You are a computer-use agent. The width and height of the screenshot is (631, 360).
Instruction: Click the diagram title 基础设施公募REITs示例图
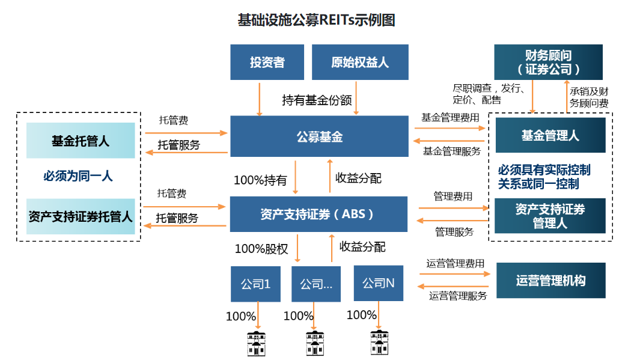(x=316, y=20)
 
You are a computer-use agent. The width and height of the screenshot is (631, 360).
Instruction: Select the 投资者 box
(x=267, y=62)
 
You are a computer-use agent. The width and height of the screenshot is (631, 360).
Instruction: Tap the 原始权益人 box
(x=360, y=62)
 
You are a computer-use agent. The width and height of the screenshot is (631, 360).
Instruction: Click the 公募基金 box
(x=319, y=137)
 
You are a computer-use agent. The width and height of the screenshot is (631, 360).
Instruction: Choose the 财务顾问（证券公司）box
(x=548, y=62)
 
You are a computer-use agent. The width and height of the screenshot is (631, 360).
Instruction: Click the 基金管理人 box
(x=550, y=135)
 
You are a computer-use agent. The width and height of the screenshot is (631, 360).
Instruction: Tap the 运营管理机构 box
(x=550, y=280)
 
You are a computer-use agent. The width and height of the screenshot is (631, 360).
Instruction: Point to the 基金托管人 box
(x=81, y=141)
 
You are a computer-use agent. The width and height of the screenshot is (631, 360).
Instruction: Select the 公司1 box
(x=255, y=283)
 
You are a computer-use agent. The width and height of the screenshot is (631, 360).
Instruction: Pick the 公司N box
(x=378, y=282)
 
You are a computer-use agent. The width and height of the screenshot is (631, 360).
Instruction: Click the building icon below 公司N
(x=379, y=342)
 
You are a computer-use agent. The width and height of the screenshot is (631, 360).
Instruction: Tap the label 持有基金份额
(x=317, y=100)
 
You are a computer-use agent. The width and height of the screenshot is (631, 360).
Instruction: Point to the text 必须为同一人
(x=78, y=176)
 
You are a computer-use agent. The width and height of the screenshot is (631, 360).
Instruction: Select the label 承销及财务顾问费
(x=590, y=97)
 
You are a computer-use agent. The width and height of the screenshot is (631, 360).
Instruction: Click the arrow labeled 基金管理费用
(x=450, y=128)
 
